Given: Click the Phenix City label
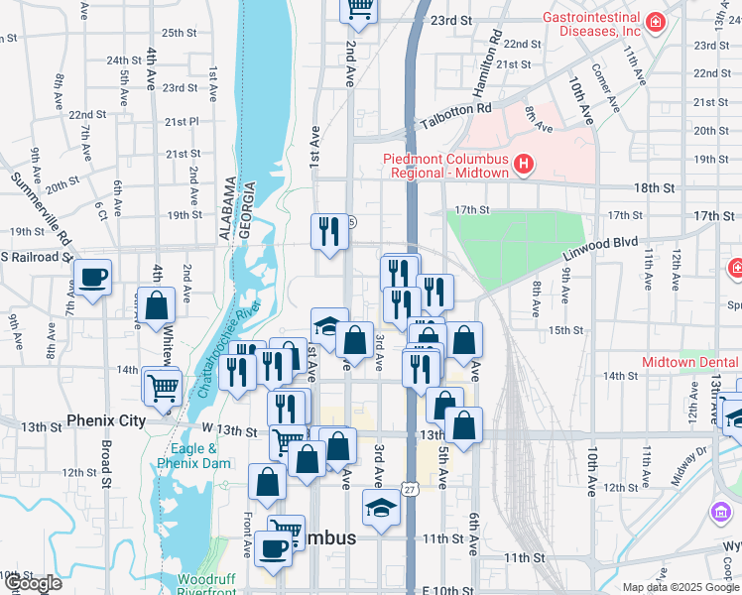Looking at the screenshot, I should point(106,420).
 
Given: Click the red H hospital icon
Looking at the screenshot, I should point(525,163).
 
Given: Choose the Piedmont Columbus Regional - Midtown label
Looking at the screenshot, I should point(446,166).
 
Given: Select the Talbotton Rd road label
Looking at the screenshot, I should point(455,115).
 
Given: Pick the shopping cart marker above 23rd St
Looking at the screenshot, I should point(359,9).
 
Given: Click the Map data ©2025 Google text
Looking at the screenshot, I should point(680,587).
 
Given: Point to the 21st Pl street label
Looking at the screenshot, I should point(183,121).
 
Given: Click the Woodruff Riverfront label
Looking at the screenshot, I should point(207,585).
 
